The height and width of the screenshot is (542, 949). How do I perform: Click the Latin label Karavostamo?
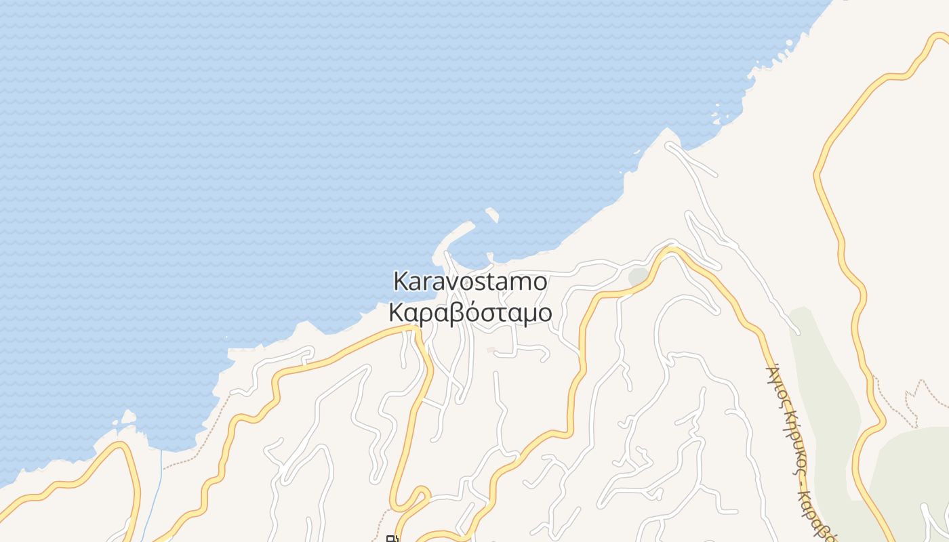pos(470,281)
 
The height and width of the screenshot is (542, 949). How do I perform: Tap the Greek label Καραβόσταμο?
pos(470,313)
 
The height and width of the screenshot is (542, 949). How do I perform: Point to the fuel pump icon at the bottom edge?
pos(391,539)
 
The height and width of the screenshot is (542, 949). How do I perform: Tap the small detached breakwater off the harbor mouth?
pos(492,215)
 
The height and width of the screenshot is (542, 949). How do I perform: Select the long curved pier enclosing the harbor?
pos(453,238)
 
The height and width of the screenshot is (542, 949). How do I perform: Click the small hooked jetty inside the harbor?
pos(489,257)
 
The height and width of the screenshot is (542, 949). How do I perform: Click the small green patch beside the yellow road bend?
pos(638,276)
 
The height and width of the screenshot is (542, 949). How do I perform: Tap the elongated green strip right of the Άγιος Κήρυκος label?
pos(824,379)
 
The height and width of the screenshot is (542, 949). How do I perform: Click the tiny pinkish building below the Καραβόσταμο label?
pos(491,350)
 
